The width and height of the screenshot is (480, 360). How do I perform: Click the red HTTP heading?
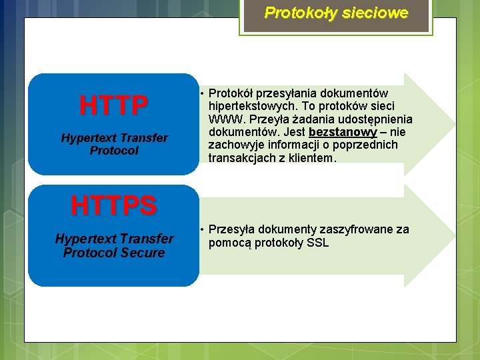114,105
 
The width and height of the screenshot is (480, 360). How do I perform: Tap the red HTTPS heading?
114,206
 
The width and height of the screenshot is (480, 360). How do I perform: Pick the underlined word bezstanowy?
343,132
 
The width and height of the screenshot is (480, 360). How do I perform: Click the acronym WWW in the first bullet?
224,119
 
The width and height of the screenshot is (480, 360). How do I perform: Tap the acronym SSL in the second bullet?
317,243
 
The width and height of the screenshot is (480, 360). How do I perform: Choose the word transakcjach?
239,158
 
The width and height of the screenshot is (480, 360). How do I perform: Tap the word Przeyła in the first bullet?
263,119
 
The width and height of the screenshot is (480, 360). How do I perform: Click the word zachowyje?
236,145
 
